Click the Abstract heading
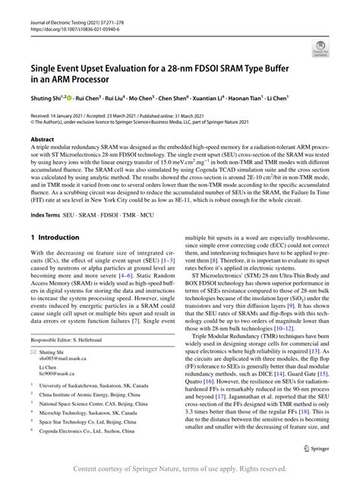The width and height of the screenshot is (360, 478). click(x=42, y=139)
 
